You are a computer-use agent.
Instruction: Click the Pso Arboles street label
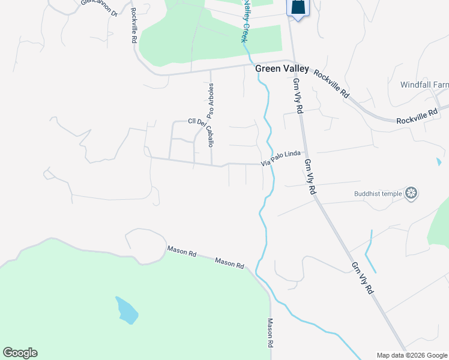[x=210, y=100]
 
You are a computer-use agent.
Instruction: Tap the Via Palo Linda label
[x=280, y=159]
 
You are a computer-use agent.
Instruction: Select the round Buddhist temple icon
[x=411, y=193]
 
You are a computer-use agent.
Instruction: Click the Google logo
[x=20, y=353]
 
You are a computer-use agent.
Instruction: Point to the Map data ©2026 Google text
[x=412, y=355]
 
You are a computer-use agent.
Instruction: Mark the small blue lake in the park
[x=127, y=310]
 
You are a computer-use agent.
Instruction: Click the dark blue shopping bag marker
[x=298, y=8]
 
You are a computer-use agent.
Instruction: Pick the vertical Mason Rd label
[x=270, y=334]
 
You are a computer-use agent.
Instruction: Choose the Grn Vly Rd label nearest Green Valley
[x=298, y=97]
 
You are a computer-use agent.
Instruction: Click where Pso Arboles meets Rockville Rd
[x=210, y=70]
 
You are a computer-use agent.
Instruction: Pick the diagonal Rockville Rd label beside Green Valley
[x=331, y=85]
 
